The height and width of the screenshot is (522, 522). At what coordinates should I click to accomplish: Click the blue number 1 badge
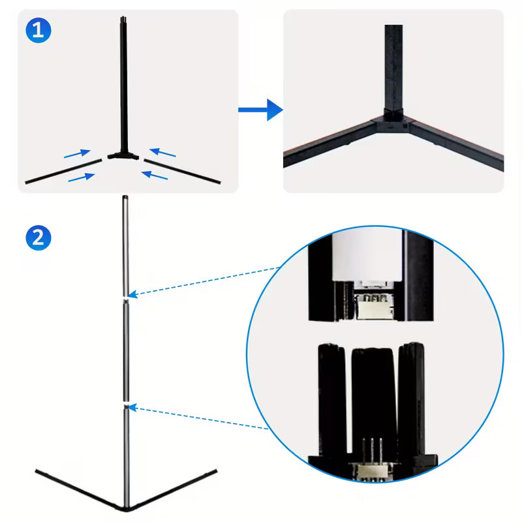tap(38, 31)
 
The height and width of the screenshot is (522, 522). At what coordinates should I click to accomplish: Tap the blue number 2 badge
tap(38, 237)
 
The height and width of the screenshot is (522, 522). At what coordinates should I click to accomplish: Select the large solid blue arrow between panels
tap(260, 110)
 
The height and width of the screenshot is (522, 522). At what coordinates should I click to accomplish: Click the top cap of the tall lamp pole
tap(124, 197)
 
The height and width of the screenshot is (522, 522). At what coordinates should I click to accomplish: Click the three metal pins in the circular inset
tap(371, 450)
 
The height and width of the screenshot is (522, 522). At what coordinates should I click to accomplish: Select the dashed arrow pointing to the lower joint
tap(199, 418)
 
